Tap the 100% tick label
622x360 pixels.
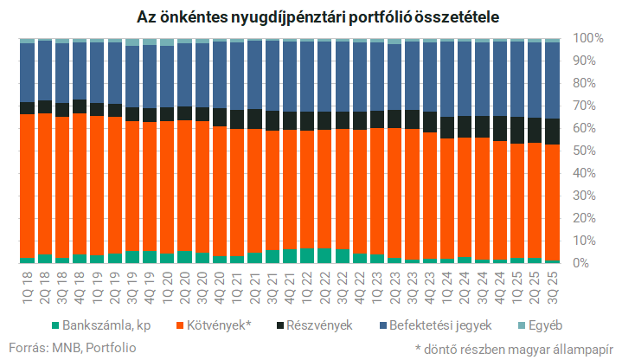[x=588, y=39]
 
